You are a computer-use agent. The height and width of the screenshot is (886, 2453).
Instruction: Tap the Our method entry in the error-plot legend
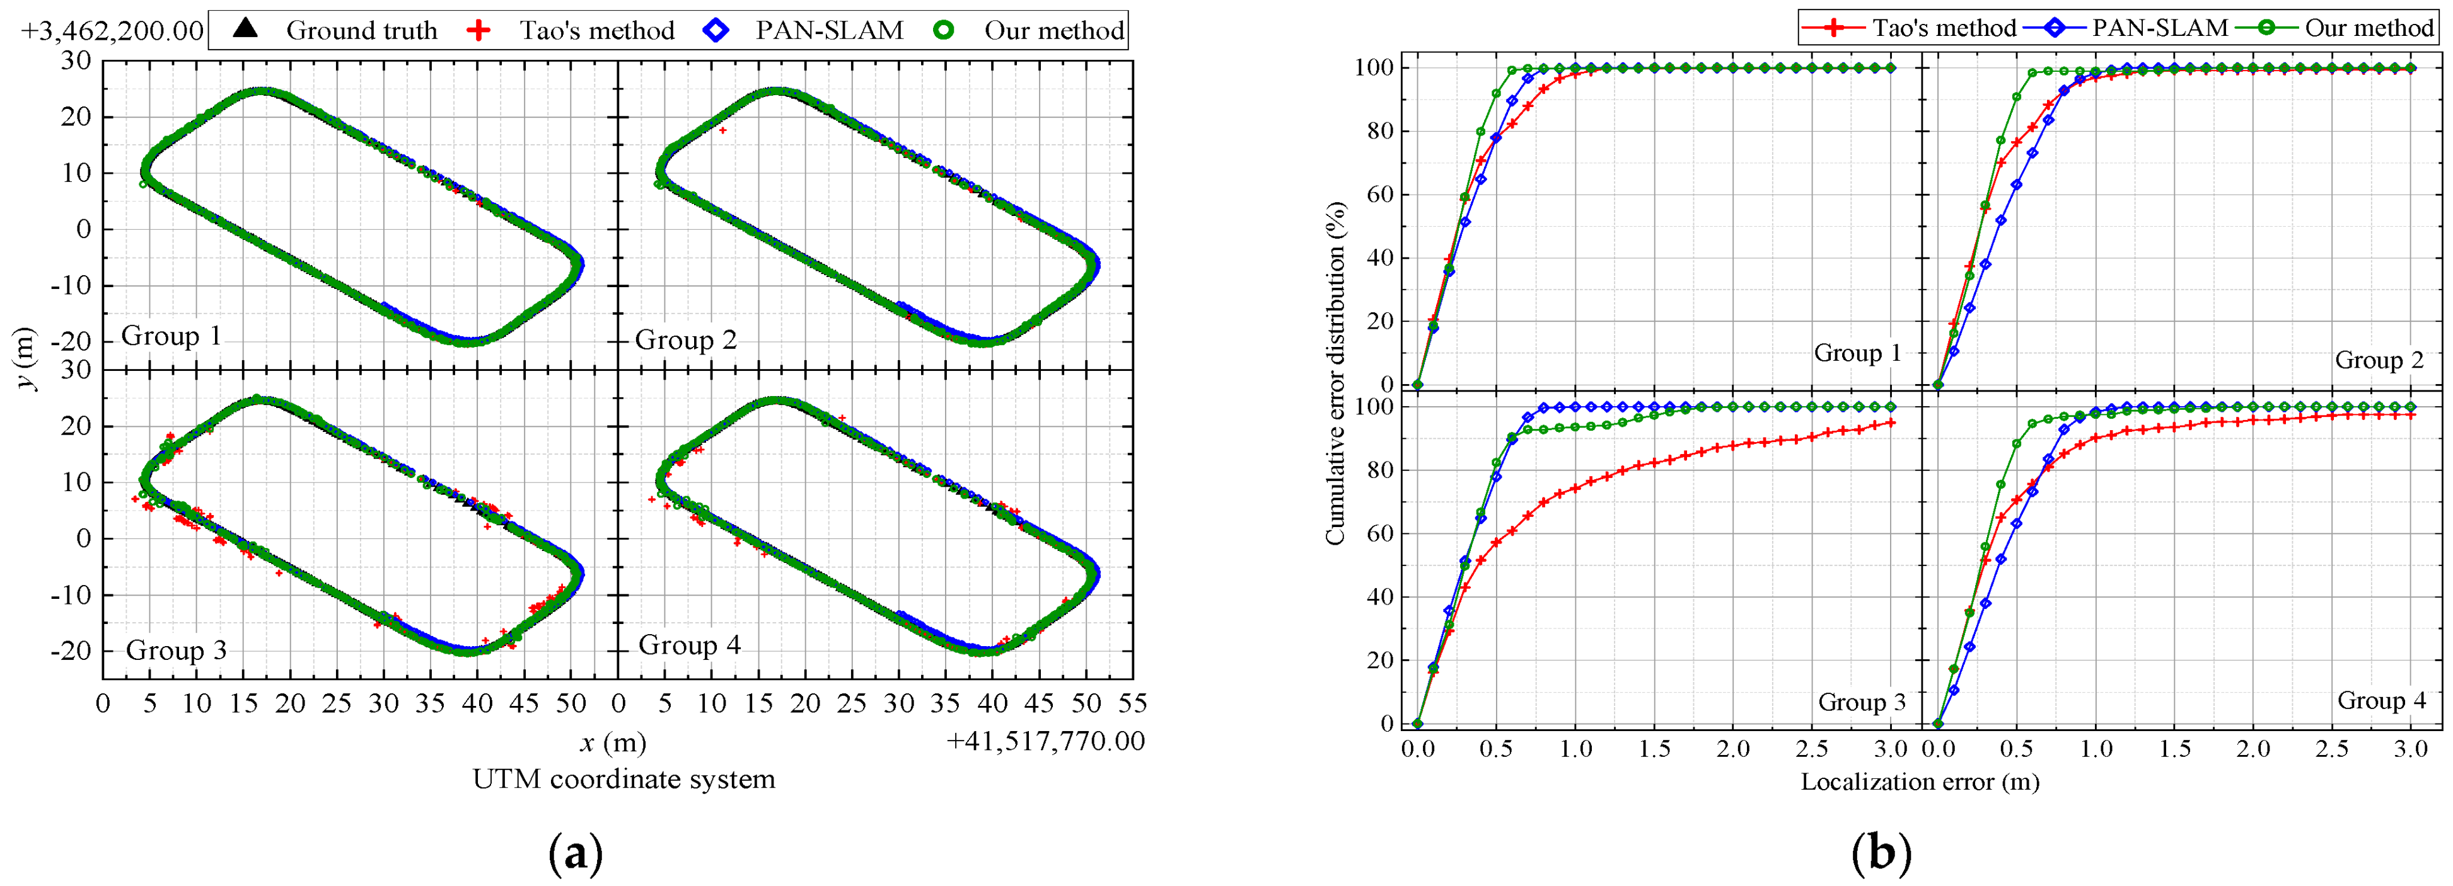(x=2369, y=28)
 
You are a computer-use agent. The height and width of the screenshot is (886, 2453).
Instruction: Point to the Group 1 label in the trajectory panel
(x=171, y=336)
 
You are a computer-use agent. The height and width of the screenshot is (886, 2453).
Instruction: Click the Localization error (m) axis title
(x=1920, y=782)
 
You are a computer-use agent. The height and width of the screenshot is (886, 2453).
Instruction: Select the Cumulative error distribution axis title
(x=1335, y=373)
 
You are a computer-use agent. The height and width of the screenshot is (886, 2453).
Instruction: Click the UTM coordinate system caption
(x=623, y=780)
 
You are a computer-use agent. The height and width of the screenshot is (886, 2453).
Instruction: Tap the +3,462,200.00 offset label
(x=112, y=30)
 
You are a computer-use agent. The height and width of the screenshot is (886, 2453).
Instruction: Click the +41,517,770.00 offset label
(x=1045, y=741)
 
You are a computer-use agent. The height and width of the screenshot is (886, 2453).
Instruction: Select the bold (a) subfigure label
(x=576, y=853)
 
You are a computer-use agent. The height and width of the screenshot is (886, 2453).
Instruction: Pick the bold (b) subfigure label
(x=1881, y=853)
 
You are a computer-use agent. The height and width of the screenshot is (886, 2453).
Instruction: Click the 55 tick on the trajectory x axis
(x=1132, y=703)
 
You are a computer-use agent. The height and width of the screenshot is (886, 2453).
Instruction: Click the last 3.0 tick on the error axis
(x=2411, y=748)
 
